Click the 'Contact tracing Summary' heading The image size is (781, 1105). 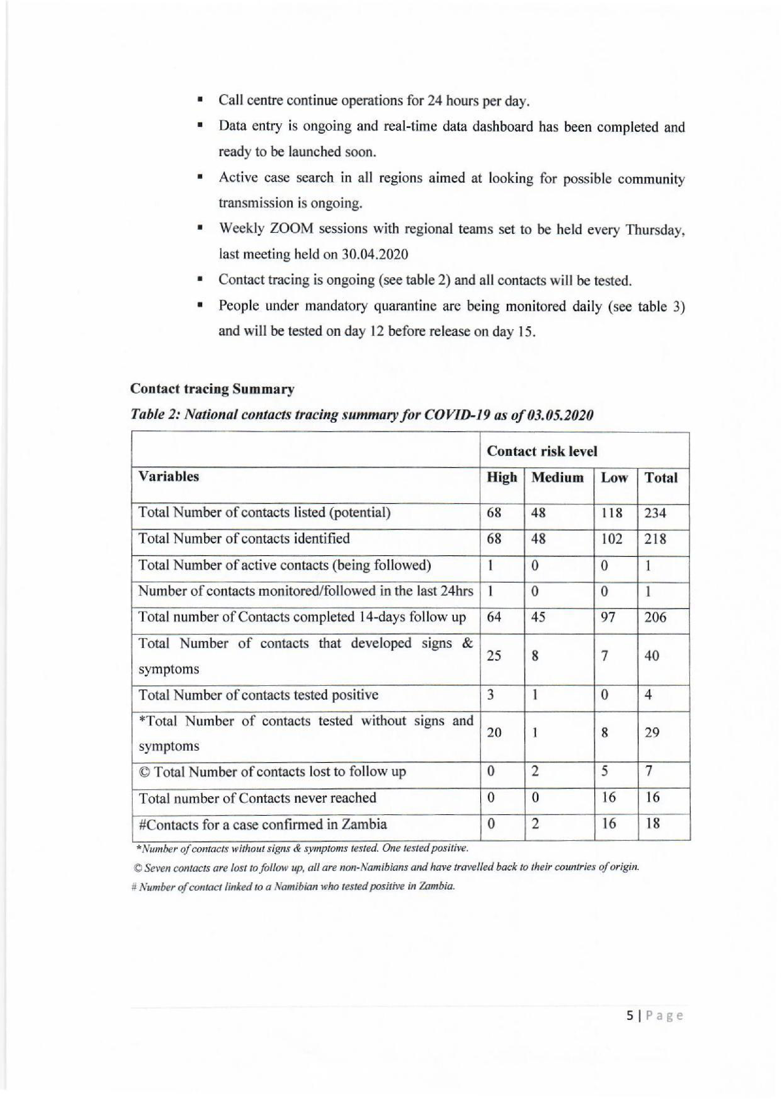click(x=212, y=389)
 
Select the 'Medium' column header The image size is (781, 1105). click(x=557, y=477)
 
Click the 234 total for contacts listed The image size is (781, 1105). click(x=655, y=513)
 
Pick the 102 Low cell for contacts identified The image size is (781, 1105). click(x=612, y=539)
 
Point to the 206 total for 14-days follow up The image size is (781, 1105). click(x=655, y=617)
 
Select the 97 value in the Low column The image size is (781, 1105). click(x=608, y=617)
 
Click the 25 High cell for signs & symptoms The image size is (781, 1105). click(x=494, y=656)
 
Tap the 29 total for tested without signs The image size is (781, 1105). click(x=652, y=733)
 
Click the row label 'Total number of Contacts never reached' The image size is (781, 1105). click(x=257, y=798)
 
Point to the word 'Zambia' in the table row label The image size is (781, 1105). click(x=364, y=824)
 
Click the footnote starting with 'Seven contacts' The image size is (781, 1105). click(x=385, y=868)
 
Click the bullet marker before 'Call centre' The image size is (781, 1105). click(x=199, y=101)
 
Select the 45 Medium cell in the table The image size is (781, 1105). click(x=539, y=617)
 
